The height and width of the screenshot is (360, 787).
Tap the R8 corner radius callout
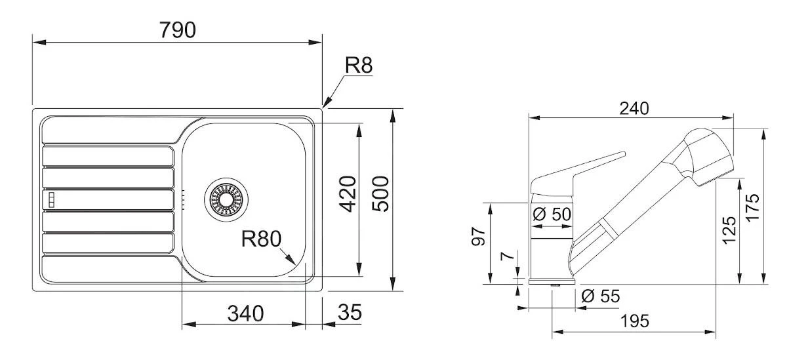pos(359,65)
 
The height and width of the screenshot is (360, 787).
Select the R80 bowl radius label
pos(260,239)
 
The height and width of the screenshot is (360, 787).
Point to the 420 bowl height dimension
pos(348,194)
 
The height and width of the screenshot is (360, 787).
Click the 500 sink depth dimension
pos(381,193)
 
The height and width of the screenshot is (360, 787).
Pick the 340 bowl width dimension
pos(245,313)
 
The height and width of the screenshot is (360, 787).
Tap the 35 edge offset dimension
pos(350,313)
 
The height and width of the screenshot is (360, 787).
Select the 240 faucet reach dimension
pos(634,108)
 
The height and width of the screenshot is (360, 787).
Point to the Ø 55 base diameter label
pos(600,296)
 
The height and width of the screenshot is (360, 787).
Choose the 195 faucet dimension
pos(634,321)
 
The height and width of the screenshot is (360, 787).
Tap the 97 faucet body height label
pos(479,237)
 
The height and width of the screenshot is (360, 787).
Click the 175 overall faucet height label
pos(753,207)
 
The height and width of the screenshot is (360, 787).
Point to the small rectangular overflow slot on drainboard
pos(50,198)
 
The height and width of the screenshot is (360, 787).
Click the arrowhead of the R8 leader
pos(325,104)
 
